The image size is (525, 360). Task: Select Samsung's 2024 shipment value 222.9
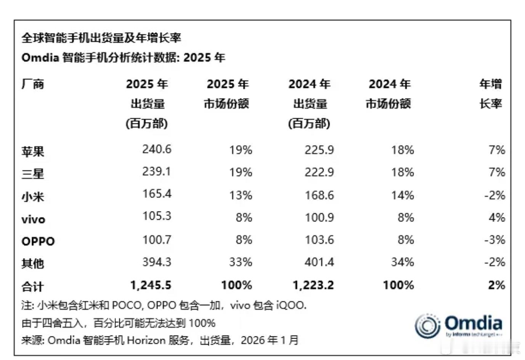[319, 172]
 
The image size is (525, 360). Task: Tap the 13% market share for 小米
[241, 195]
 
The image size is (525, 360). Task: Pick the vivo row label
[33, 219]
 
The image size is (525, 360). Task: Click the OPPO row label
[38, 241]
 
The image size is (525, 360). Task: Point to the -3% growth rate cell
[494, 240]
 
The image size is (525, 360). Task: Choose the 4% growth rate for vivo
[497, 218]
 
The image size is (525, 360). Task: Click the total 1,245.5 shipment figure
[151, 285]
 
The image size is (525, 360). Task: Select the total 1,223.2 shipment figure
[313, 285]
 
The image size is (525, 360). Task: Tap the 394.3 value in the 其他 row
[157, 262]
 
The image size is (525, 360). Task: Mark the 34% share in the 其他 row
[403, 262]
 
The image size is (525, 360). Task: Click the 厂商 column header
[33, 84]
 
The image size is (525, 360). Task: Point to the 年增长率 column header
[491, 94]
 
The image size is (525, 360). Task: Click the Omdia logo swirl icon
[427, 326]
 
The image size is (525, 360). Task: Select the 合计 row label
[33, 286]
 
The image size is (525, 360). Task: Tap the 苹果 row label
[33, 151]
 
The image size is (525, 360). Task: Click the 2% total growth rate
[496, 285]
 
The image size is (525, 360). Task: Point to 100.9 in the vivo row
[319, 218]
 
